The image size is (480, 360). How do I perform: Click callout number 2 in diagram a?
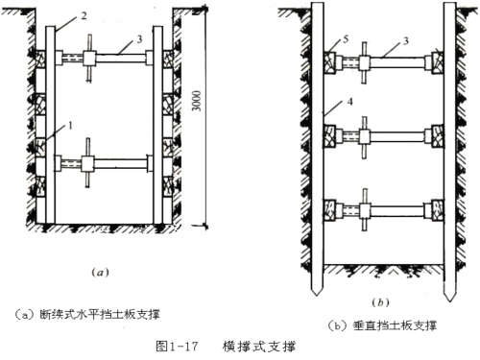[84, 15]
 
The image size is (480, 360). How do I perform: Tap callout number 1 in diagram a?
[70, 125]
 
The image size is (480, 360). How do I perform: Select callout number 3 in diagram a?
[139, 39]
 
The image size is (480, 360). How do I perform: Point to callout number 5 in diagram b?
[346, 39]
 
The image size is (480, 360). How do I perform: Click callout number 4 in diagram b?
[349, 102]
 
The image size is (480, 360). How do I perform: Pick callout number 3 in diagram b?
[405, 41]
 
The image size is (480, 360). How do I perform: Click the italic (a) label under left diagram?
[100, 273]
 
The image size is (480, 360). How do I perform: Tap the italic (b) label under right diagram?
[380, 302]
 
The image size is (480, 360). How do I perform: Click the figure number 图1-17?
[177, 347]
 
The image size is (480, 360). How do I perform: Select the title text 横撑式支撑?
[259, 347]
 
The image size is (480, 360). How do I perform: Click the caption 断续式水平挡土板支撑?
[100, 314]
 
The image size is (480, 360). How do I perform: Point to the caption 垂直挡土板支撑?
[395, 325]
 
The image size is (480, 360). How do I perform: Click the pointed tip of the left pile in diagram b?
[317, 296]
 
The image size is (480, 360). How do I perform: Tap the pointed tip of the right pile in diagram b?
[449, 301]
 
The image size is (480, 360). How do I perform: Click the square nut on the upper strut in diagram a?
[89, 58]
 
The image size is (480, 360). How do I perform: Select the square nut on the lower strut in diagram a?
[87, 164]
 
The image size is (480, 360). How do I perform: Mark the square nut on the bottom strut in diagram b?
[365, 211]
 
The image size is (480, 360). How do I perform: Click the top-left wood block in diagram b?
[329, 62]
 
